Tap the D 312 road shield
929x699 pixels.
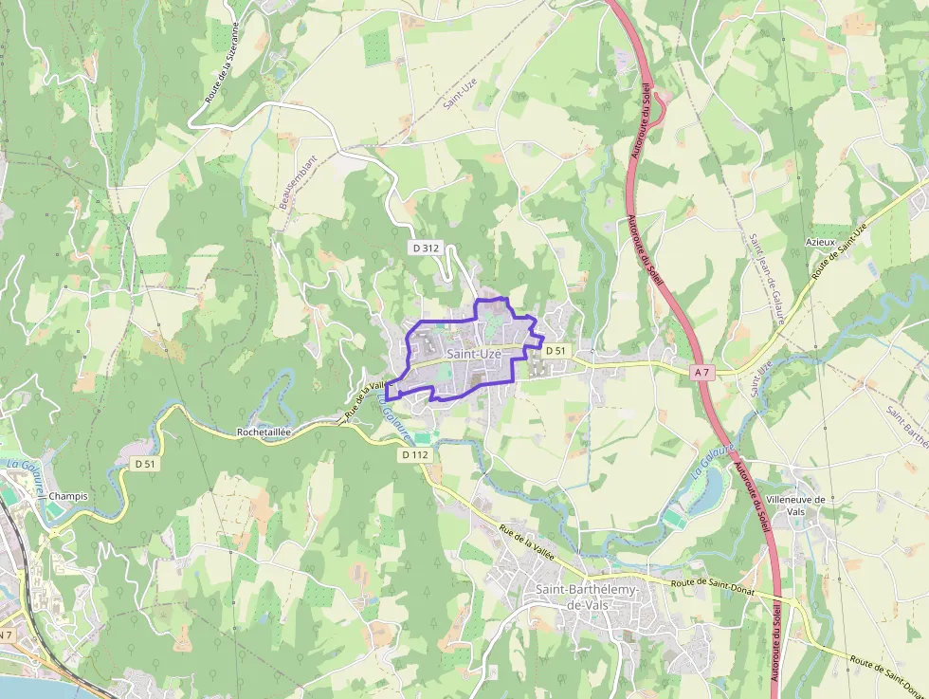[x=427, y=248]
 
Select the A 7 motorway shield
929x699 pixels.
[x=701, y=373]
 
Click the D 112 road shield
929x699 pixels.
[x=415, y=455]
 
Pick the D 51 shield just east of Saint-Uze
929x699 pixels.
[x=556, y=351]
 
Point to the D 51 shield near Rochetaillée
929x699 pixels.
[x=144, y=464]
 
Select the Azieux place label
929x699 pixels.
[x=820, y=242]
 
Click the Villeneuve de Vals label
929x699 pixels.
[x=795, y=505]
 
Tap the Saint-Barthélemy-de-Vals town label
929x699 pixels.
[x=588, y=597]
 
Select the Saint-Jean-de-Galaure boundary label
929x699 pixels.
[x=766, y=280]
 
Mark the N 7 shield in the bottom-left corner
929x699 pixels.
[x=5, y=635]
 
